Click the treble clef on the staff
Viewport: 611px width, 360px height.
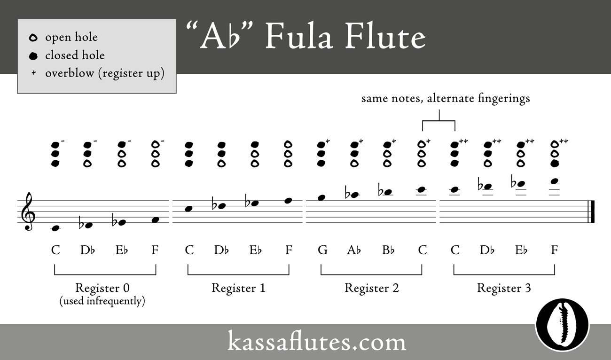click(x=29, y=211)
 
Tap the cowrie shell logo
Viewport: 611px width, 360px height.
click(x=562, y=325)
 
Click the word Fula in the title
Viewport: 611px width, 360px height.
click(x=299, y=37)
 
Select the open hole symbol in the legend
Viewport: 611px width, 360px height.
click(x=33, y=38)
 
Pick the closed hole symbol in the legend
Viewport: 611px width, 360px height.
click(x=33, y=56)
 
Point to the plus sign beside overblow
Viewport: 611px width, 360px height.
click(x=33, y=73)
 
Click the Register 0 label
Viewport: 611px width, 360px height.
click(x=102, y=288)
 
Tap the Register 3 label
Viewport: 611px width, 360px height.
click(x=504, y=288)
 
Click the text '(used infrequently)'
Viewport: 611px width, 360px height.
click(x=102, y=301)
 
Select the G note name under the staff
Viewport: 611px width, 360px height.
click(x=322, y=250)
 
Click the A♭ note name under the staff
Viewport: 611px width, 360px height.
click(x=354, y=250)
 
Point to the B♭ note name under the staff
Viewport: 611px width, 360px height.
click(x=388, y=250)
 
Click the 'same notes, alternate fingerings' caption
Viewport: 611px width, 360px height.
click(x=446, y=98)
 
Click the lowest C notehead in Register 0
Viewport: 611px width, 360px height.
click(x=55, y=228)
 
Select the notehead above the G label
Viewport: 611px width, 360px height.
click(x=321, y=197)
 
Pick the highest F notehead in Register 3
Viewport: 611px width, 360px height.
click(x=555, y=181)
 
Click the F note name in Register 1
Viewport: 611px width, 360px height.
click(x=289, y=250)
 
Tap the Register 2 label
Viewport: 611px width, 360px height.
click(x=371, y=288)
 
